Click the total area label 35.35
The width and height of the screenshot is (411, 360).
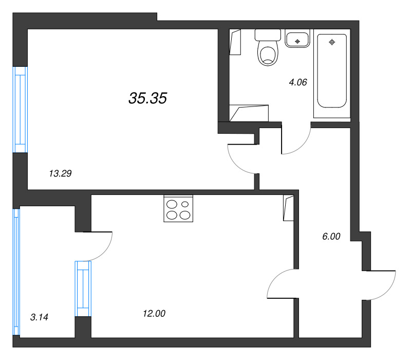(x=148, y=98)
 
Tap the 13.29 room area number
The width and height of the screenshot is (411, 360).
(x=60, y=173)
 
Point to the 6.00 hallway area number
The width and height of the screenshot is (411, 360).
(x=330, y=237)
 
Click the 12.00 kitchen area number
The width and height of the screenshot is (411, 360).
(x=154, y=313)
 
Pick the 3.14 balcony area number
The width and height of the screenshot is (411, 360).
(x=39, y=317)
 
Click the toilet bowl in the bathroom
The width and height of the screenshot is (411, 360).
(x=267, y=55)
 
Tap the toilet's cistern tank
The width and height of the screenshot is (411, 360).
(x=267, y=35)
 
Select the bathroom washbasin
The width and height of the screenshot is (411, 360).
(x=297, y=39)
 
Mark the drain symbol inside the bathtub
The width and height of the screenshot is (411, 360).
(x=332, y=42)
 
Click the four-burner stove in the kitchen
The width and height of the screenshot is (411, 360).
(x=178, y=209)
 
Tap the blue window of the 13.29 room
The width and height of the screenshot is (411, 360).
(x=20, y=110)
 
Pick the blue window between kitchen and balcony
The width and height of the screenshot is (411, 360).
(x=83, y=288)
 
